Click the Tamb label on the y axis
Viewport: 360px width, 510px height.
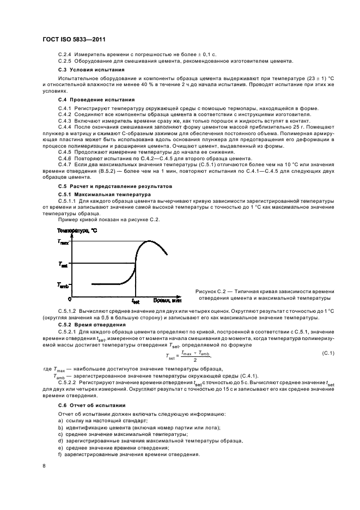[63, 284]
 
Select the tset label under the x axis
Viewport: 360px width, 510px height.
[136, 301]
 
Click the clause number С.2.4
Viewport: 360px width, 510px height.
[65, 56]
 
